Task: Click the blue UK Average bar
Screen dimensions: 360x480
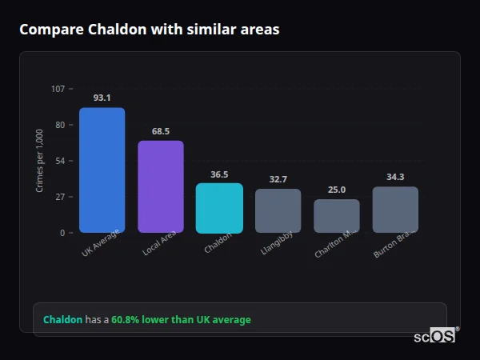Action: (102, 170)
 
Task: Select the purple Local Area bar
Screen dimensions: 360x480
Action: (161, 186)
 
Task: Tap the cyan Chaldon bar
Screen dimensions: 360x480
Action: (219, 208)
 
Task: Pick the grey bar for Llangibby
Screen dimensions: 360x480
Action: (278, 210)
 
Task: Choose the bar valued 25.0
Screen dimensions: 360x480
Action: (337, 216)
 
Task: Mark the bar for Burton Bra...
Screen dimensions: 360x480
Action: (395, 210)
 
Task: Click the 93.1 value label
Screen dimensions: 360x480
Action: (102, 98)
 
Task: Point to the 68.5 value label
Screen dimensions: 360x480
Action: (161, 131)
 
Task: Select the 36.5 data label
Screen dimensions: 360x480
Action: (219, 174)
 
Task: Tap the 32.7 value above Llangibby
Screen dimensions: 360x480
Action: (278, 179)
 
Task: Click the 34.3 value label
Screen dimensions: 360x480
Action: (395, 177)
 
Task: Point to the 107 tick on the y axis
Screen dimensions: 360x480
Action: (58, 89)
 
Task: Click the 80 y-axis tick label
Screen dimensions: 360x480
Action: (60, 125)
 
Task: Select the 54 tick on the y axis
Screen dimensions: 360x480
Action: (60, 161)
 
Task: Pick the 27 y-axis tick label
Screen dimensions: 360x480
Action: (60, 197)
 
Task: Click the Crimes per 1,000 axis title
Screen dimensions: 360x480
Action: (39, 161)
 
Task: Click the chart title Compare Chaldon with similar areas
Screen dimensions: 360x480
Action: (150, 30)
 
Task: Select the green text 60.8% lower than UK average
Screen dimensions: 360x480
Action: (181, 320)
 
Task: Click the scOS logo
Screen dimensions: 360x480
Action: (434, 337)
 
